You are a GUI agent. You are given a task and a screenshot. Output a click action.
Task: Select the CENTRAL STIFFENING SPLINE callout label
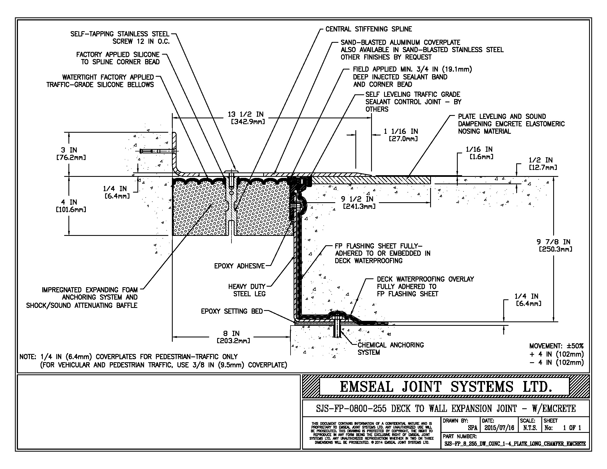tap(369, 29)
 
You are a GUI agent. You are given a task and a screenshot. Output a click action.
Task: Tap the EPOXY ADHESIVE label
tap(239, 266)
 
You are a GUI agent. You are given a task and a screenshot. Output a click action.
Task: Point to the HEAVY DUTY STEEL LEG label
tap(247, 290)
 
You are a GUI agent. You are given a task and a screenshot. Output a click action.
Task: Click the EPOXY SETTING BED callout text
tap(232, 311)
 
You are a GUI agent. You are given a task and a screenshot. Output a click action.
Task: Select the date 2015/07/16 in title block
tap(499, 428)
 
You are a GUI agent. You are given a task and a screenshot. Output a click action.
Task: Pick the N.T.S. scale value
tap(530, 428)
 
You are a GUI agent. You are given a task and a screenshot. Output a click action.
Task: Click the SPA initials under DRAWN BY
tap(472, 428)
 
